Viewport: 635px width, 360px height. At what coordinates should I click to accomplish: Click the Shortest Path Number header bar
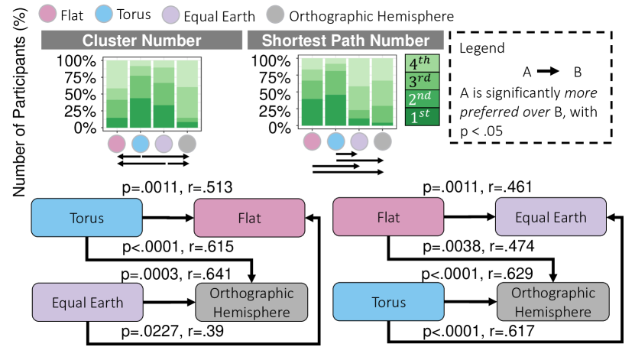coord(345,41)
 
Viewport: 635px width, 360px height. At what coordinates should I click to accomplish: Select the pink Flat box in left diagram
coord(250,218)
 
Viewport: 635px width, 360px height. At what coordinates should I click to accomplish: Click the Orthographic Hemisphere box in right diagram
coord(552,302)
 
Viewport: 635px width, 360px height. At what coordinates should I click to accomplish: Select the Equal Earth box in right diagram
coord(550,218)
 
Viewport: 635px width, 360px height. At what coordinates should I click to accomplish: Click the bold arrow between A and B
coord(549,72)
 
